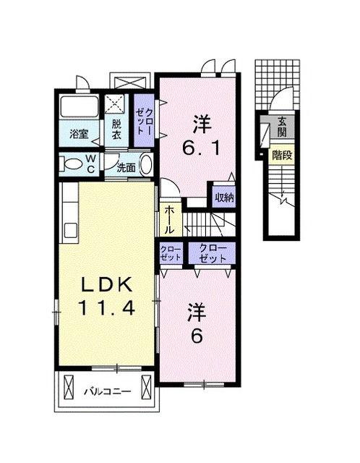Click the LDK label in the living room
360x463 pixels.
[x=106, y=284]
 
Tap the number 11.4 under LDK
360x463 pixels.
[x=106, y=307]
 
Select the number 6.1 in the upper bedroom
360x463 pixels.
[x=202, y=148]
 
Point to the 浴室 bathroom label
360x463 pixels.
[x=79, y=134]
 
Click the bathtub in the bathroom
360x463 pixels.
[x=80, y=107]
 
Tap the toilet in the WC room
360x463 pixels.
[x=71, y=164]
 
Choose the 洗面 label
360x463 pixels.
[x=126, y=168]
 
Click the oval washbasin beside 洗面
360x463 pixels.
[x=146, y=165]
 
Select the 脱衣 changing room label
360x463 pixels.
[x=116, y=129]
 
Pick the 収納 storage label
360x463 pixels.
[x=225, y=197]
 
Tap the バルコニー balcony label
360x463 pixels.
[x=108, y=392]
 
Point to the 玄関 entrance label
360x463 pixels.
[x=282, y=127]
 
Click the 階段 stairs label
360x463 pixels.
[x=282, y=155]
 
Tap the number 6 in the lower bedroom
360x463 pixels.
[x=197, y=336]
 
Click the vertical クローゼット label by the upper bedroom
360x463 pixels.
[x=145, y=122]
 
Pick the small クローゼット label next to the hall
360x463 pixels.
[x=171, y=254]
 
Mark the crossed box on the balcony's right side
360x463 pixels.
[x=146, y=387]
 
